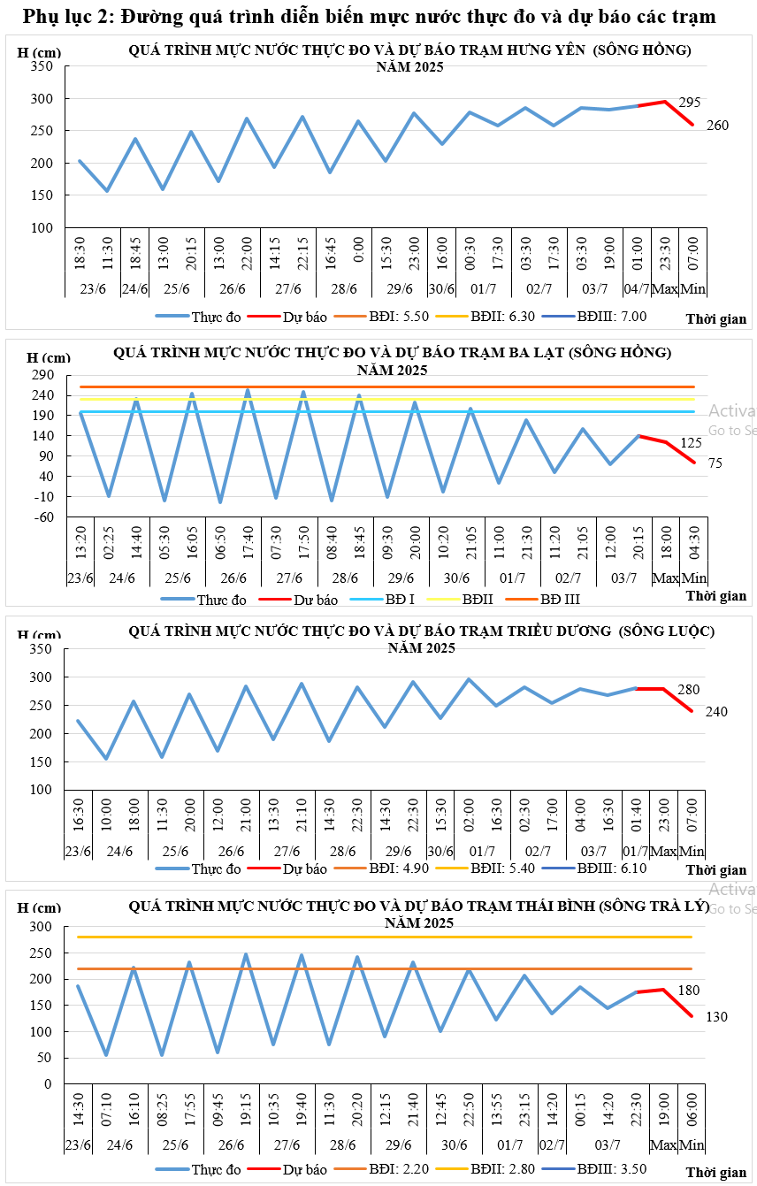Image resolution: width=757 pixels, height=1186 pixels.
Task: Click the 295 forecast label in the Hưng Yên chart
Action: pos(689,103)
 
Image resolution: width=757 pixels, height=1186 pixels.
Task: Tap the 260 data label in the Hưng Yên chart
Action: pos(717,126)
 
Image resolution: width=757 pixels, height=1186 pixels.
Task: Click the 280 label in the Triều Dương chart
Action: pos(689,689)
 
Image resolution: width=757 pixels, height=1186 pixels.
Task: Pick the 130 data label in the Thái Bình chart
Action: pos(716,1017)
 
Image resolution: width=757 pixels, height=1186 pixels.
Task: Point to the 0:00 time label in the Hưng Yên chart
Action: pos(358,257)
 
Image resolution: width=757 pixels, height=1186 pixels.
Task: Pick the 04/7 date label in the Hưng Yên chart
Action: pos(637,288)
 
